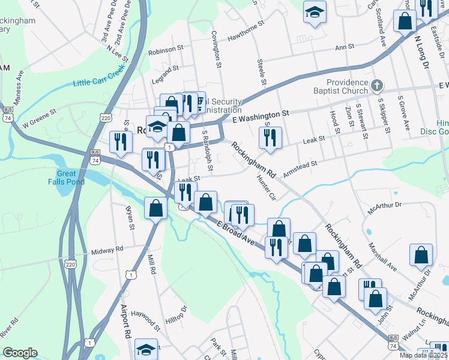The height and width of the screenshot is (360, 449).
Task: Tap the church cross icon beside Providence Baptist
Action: [377, 85]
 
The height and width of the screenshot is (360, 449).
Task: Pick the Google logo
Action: [20, 353]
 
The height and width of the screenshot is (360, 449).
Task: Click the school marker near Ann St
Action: [314, 13]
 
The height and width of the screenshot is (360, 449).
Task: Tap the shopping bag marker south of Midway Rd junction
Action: [156, 208]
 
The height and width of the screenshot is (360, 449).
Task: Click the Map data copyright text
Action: [423, 355]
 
